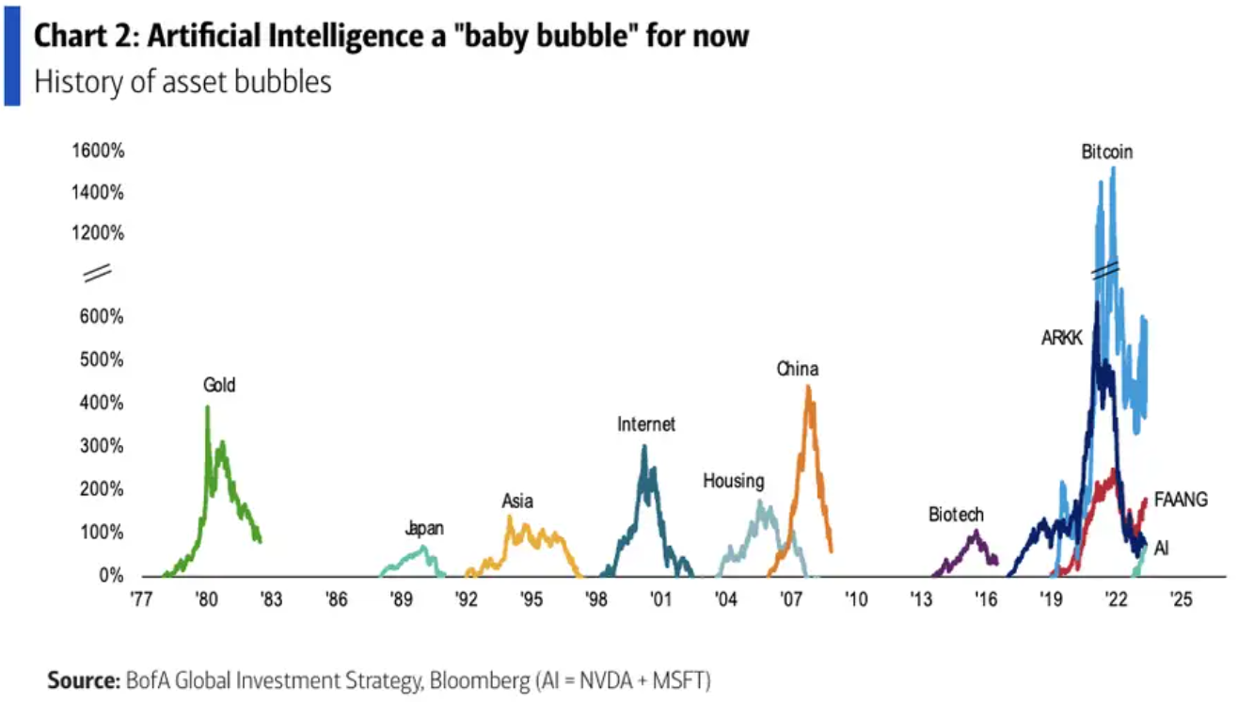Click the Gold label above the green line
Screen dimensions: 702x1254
click(x=219, y=385)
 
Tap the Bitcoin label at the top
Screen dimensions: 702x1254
click(x=1106, y=152)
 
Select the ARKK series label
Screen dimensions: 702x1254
click(x=1062, y=339)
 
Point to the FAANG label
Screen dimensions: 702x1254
click(x=1181, y=500)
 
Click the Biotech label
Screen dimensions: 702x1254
click(x=956, y=515)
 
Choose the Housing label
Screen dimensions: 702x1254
click(x=734, y=482)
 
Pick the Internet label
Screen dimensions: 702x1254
click(x=646, y=424)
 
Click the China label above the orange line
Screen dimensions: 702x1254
click(x=797, y=369)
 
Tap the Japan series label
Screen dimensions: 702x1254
click(x=424, y=529)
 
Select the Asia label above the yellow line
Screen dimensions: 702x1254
click(x=517, y=502)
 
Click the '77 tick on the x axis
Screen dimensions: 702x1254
click(x=141, y=599)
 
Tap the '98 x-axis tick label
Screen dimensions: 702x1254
click(x=595, y=599)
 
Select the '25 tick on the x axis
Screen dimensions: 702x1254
click(x=1181, y=599)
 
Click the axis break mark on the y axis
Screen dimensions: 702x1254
click(x=98, y=274)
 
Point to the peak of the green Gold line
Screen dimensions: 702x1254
click(x=207, y=407)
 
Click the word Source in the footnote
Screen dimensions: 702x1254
click(x=81, y=679)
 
